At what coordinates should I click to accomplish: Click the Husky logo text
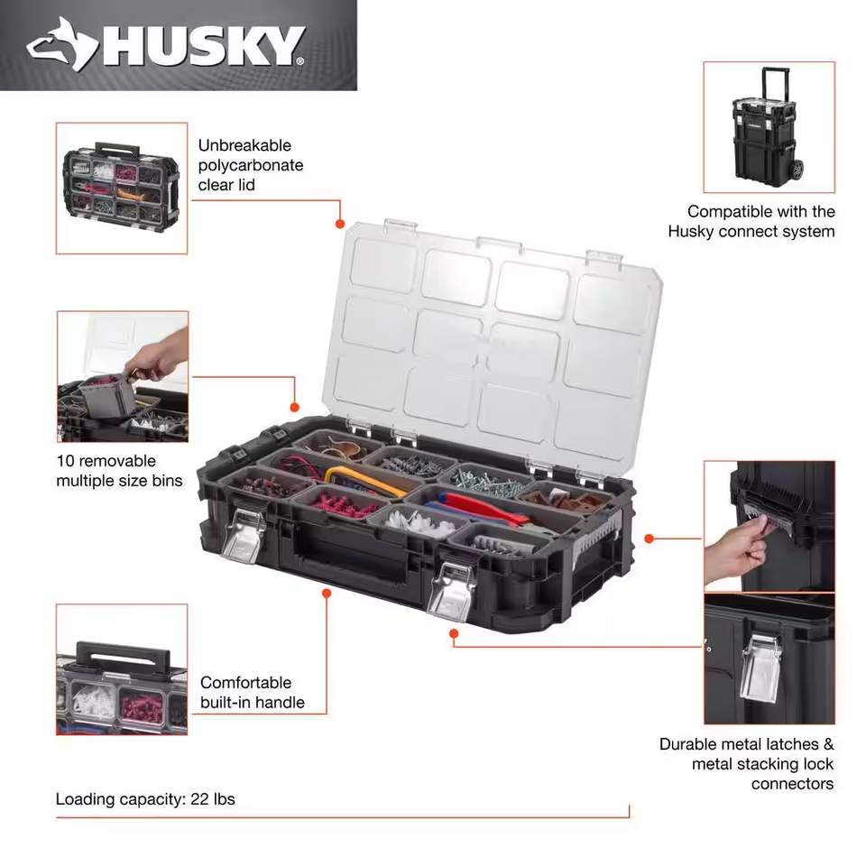203,45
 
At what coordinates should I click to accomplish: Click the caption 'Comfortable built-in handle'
253,693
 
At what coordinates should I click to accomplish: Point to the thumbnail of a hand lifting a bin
123,376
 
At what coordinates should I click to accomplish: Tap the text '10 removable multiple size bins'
119,471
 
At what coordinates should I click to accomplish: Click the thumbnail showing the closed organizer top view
122,188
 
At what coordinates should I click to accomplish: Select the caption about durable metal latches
747,764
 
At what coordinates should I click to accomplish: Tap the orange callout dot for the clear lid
340,224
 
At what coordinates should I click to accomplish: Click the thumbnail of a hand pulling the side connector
769,525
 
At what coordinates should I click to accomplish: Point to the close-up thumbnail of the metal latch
769,659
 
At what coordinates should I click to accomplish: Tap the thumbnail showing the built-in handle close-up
122,668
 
